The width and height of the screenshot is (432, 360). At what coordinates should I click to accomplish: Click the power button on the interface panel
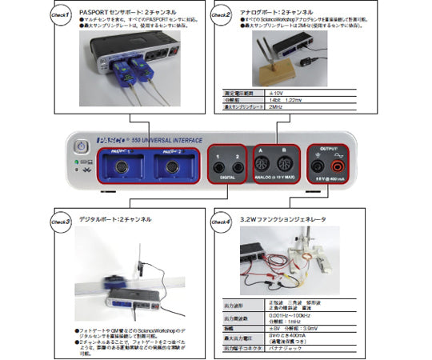[x=80, y=146]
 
